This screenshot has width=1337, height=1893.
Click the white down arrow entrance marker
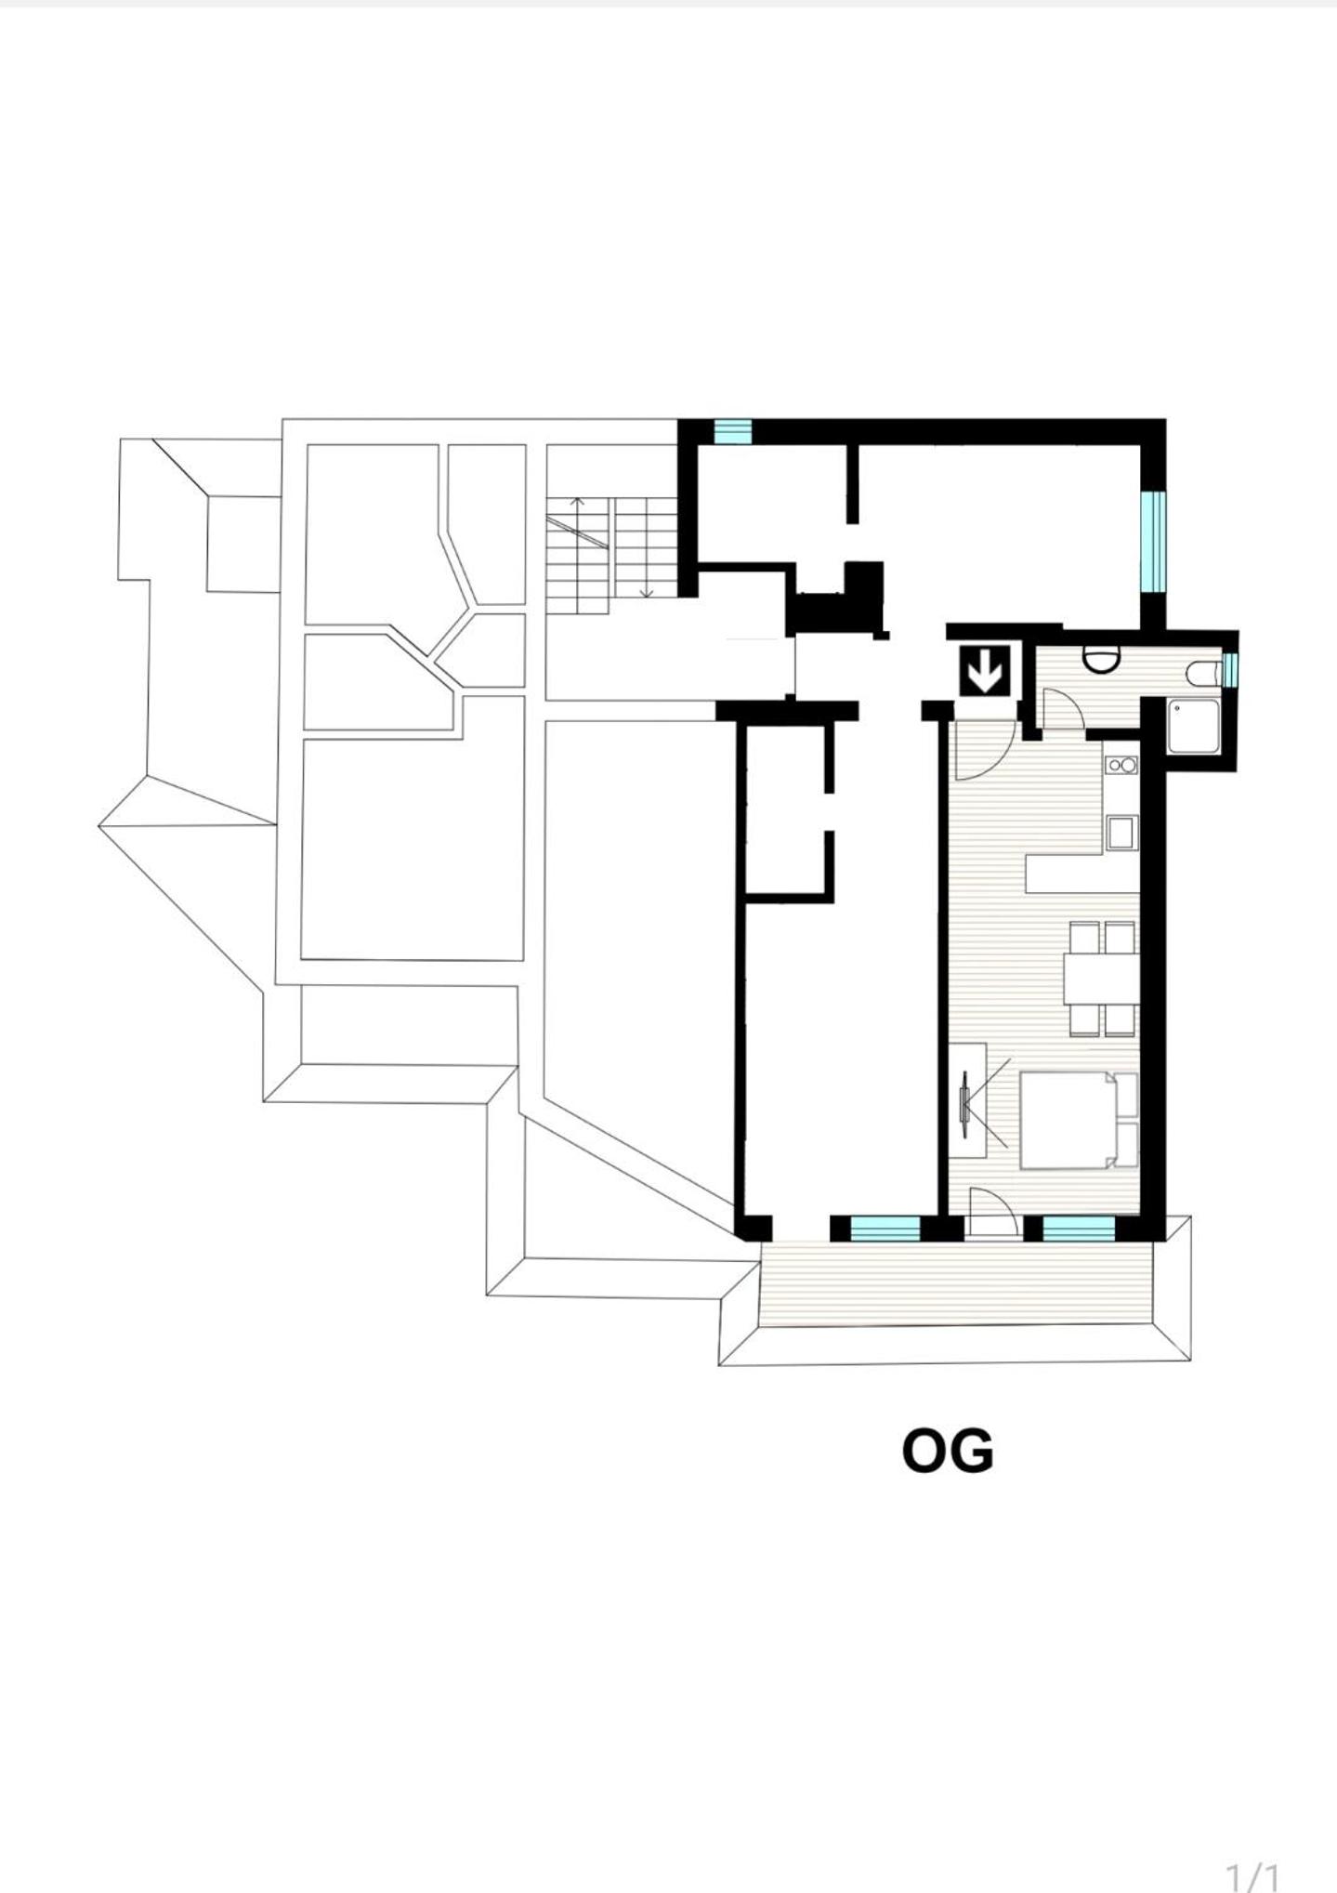coord(984,670)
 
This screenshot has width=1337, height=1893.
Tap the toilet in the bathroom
coord(1203,672)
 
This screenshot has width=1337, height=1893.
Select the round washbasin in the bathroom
coord(1102,658)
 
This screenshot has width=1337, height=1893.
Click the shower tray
coord(1193,727)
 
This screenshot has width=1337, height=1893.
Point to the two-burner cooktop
coord(1121,764)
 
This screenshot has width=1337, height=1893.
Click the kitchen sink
coord(1121,833)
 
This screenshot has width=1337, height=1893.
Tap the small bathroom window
coord(1231,669)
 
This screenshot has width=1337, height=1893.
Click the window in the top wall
coord(732,431)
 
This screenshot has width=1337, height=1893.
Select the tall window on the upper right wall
coord(1153,541)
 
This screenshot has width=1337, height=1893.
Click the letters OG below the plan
coord(948,1451)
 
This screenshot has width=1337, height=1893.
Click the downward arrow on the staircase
coord(647,547)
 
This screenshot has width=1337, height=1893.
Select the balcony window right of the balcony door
coord(1079,1229)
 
